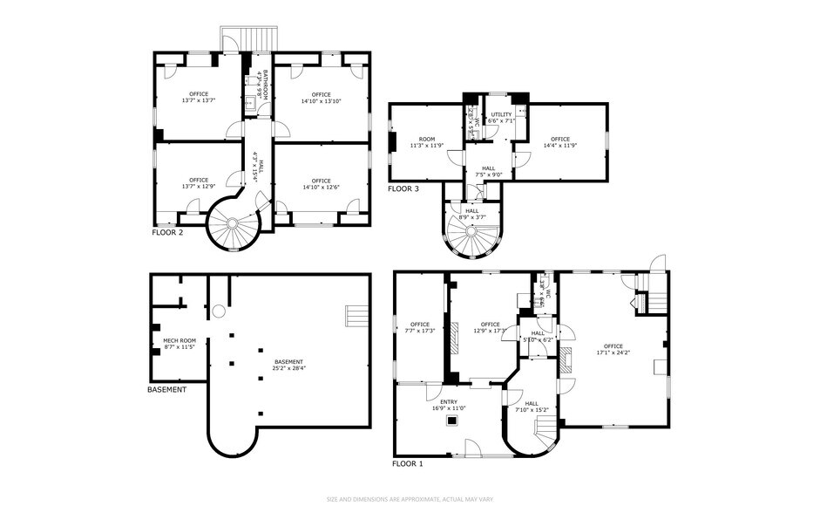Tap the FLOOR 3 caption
tap(403, 188)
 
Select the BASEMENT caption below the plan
tap(166, 389)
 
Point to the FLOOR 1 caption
tap(407, 464)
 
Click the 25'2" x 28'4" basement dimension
tap(288, 367)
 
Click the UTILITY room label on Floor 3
tap(501, 114)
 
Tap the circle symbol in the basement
tap(218, 311)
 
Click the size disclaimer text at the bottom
tap(410, 499)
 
